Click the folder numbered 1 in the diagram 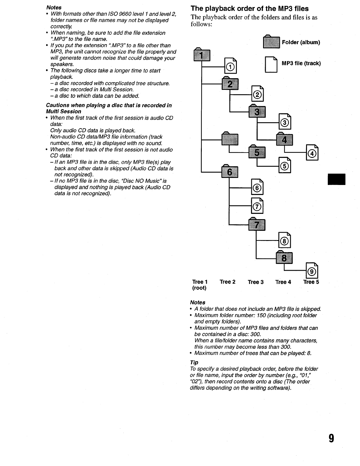coord(202,54)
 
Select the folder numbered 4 coord(285,139)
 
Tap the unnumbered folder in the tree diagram coord(229,138)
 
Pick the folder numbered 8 coord(284,257)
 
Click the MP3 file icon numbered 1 coord(230,66)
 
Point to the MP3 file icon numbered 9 coord(312,270)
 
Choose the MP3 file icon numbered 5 coord(285,165)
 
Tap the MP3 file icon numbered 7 coord(257,206)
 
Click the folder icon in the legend coord(271,41)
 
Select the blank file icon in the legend coord(271,65)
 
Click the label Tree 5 coord(311,282)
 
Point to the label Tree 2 coord(227,282)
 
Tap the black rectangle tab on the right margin coord(336,179)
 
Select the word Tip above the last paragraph coord(194,363)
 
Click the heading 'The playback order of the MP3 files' coord(250,8)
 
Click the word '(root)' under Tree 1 coord(199,288)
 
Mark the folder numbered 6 coord(229,171)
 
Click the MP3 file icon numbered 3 coord(285,121)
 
